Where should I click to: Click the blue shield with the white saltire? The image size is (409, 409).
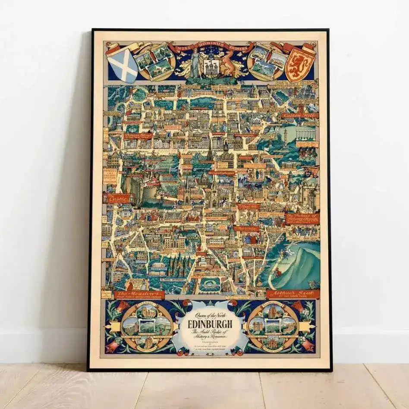(122, 65)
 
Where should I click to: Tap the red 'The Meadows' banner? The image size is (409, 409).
(139, 295)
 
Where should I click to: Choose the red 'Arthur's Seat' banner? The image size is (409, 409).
(293, 294)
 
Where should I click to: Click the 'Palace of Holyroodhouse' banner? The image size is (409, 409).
(302, 218)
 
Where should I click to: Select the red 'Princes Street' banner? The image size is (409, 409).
(138, 136)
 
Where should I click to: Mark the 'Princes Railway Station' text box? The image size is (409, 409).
(110, 176)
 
